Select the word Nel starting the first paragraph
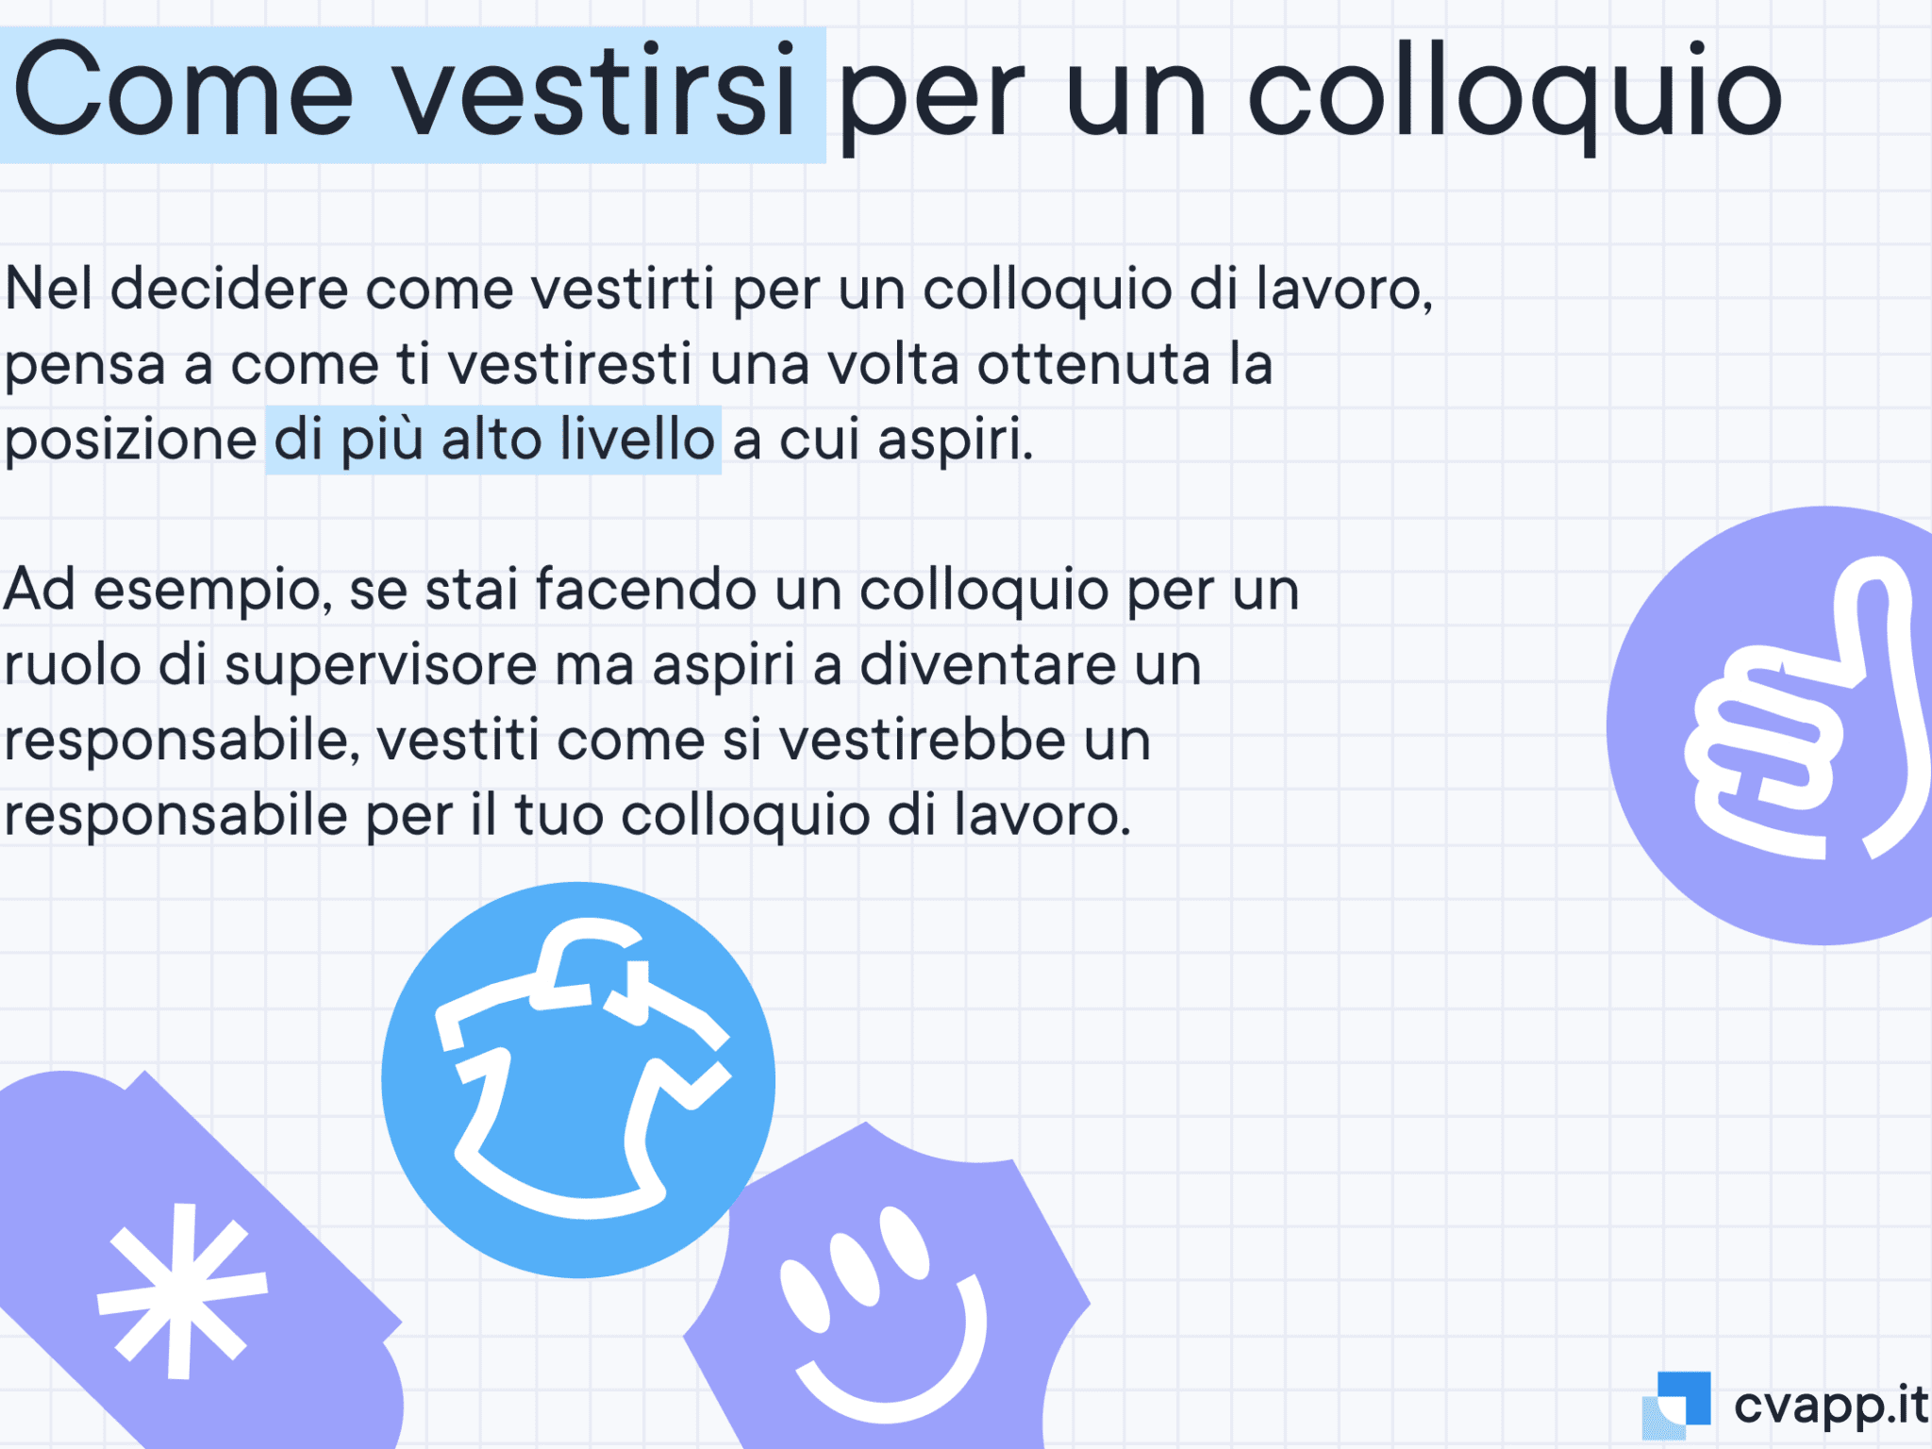pyautogui.click(x=48, y=288)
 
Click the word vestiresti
pyautogui.click(x=570, y=364)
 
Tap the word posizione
pyautogui.click(x=130, y=441)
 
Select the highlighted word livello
pyautogui.click(x=637, y=439)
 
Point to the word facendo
pyautogui.click(x=646, y=589)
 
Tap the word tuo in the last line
pyautogui.click(x=558, y=816)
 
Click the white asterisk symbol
pyautogui.click(x=182, y=1290)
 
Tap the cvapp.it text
pyautogui.click(x=1831, y=1406)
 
